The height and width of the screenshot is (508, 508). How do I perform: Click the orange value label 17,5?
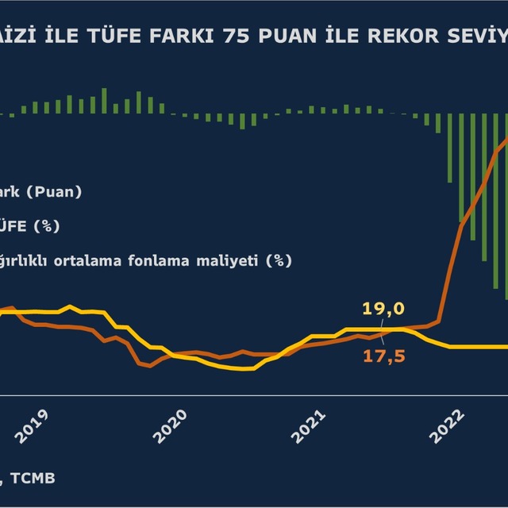(384, 357)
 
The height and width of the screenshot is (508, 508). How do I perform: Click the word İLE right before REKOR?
(341, 37)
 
